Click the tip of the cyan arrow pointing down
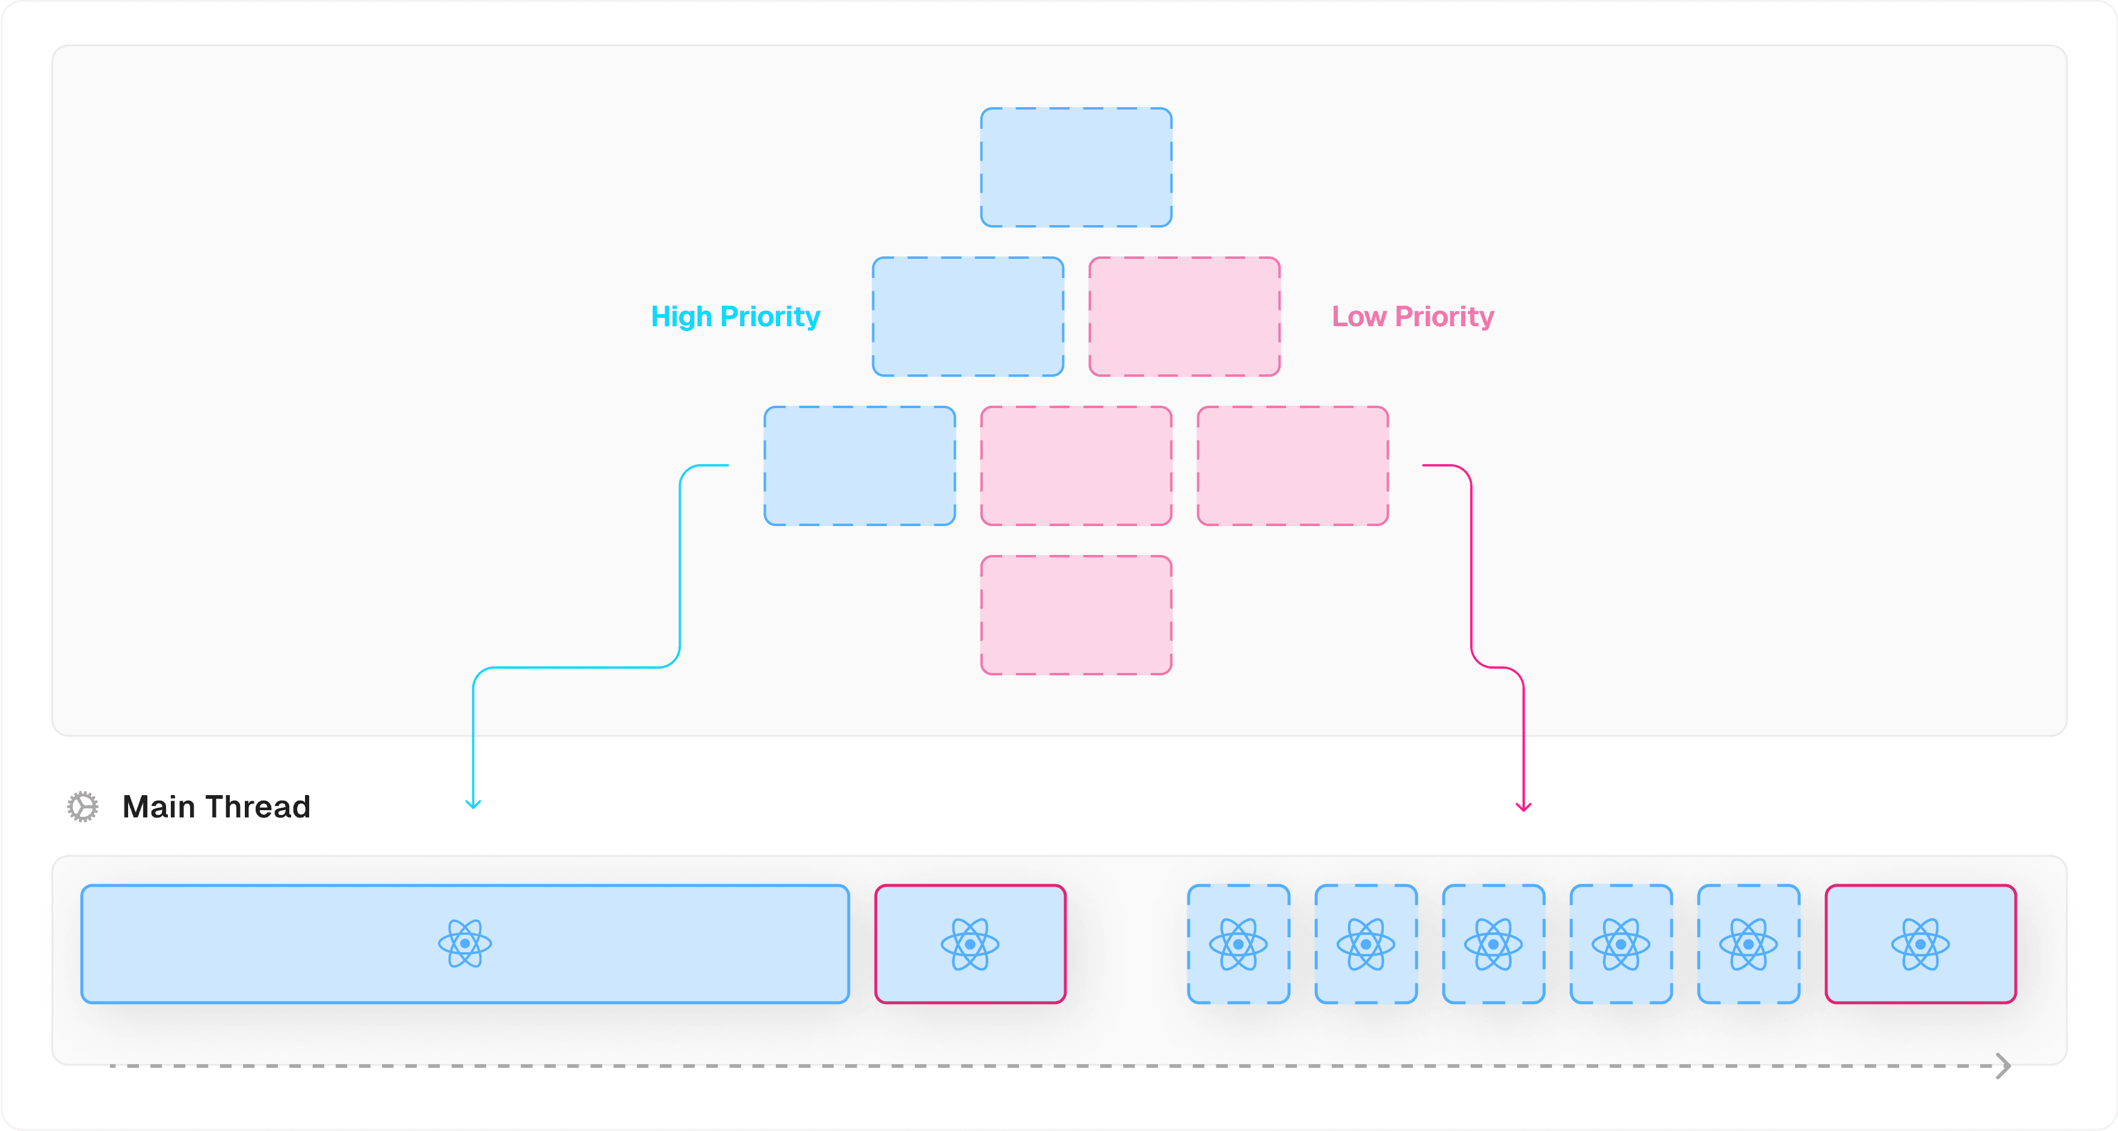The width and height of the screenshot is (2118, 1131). coord(473,808)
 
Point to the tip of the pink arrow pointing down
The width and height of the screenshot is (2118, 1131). coord(1524,811)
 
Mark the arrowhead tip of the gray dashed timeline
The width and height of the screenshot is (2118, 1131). coord(2010,1066)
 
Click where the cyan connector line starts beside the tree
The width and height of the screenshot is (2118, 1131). coord(728,465)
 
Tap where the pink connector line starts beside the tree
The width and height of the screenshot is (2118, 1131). coord(1423,465)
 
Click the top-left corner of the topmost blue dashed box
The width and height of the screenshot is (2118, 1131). coord(981,108)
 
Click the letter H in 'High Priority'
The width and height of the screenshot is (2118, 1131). coord(660,317)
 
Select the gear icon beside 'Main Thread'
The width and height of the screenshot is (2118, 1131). coord(83,807)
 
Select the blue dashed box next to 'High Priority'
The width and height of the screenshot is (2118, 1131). coord(968,317)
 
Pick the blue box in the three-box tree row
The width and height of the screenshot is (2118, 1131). coord(860,465)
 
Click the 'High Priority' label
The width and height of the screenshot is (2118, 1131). coord(736,317)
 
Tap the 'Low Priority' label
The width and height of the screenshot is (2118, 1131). coord(1412,317)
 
